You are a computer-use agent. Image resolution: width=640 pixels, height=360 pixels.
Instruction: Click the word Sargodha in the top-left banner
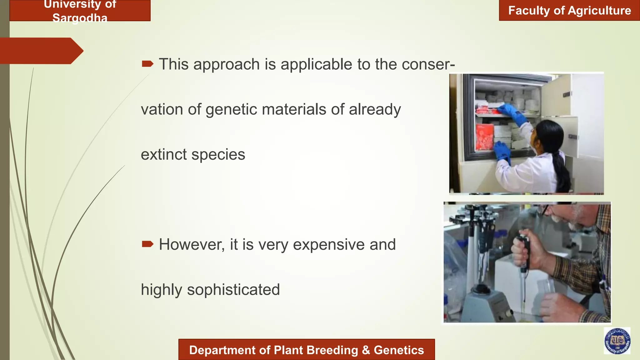click(x=80, y=18)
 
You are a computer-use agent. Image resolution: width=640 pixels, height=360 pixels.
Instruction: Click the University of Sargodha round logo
click(x=617, y=341)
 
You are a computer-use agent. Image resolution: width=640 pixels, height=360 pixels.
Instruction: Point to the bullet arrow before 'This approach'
click(x=147, y=64)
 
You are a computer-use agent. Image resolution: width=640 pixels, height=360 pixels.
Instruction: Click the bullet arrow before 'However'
click(x=147, y=244)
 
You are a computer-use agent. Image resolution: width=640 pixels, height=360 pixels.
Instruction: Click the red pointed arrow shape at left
click(x=41, y=51)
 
